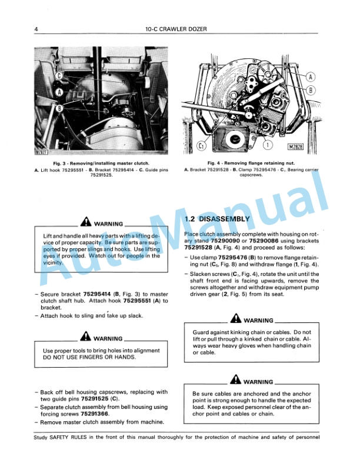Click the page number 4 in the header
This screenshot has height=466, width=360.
(36, 29)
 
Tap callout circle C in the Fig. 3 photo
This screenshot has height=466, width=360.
(59, 76)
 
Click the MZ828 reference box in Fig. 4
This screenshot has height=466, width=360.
(300, 146)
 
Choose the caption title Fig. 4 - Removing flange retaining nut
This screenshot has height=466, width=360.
(252, 163)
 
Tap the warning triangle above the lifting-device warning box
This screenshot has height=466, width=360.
(87, 224)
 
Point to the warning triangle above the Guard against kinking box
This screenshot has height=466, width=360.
(236, 320)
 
